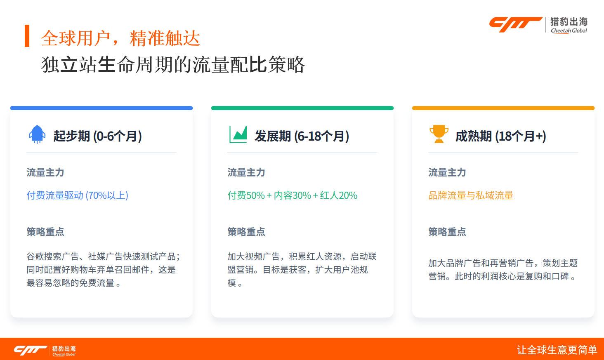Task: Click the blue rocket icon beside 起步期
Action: point(37,134)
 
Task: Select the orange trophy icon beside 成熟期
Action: point(439,134)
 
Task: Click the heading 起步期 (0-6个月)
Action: point(97,136)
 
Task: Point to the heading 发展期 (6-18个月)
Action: point(302,136)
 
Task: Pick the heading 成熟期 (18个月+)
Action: point(501,136)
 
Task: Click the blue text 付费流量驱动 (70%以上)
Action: point(78,195)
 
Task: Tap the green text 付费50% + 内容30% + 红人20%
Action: point(292,195)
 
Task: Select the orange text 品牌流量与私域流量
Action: point(471,195)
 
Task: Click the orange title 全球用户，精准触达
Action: point(120,38)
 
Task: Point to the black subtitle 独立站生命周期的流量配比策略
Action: point(173,65)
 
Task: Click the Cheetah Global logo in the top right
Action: point(538,25)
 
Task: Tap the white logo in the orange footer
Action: point(45,350)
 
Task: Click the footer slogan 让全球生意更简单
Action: point(557,350)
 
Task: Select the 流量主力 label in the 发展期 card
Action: point(246,172)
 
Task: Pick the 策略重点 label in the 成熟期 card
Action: point(447,232)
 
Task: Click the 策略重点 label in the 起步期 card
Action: point(45,232)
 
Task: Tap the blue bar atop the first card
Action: point(101,108)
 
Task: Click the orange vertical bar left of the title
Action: point(27,36)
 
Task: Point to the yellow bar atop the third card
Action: point(503,108)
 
